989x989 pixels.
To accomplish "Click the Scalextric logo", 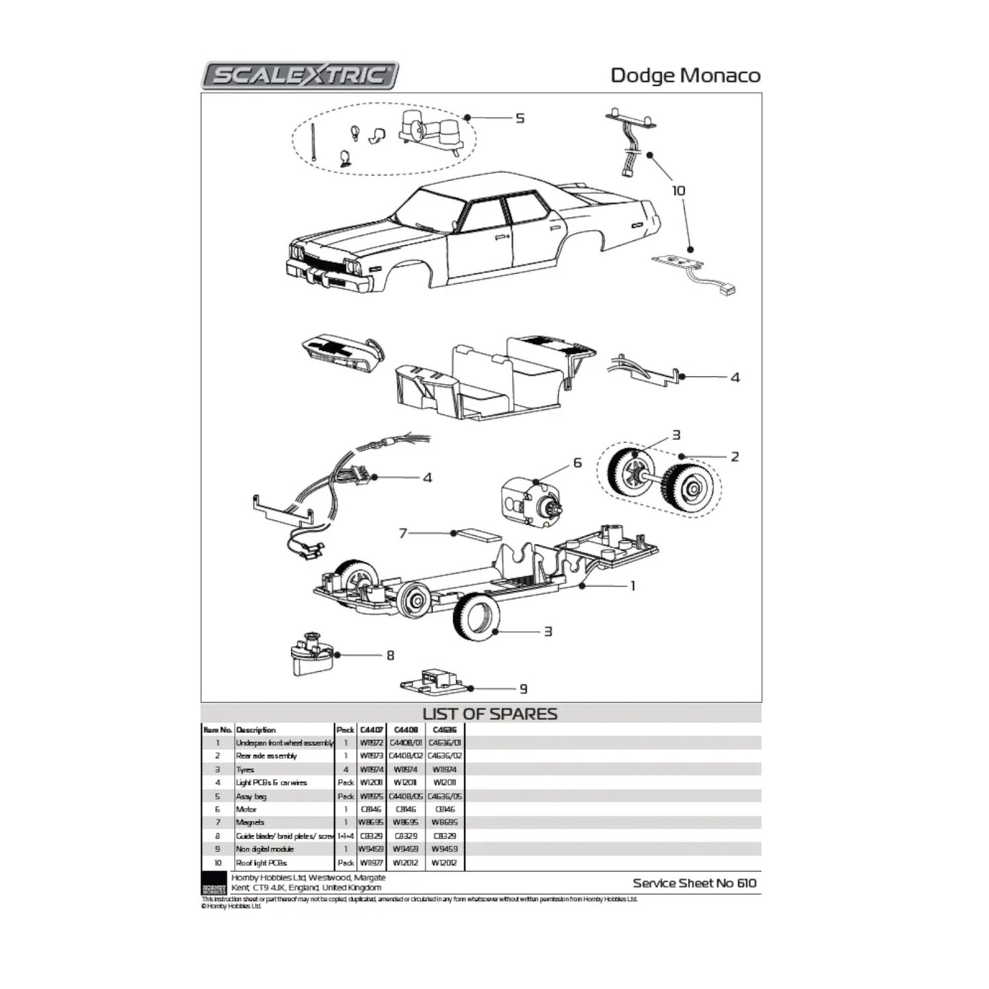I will [x=300, y=75].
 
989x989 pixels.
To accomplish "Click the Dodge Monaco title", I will [x=685, y=75].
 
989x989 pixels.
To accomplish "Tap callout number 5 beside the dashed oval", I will [x=520, y=118].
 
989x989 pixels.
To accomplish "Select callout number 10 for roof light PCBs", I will [x=678, y=190].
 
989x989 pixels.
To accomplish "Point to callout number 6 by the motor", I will [x=577, y=463].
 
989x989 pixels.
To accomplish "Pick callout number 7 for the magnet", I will [x=403, y=532].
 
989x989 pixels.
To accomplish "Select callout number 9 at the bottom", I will [x=524, y=689].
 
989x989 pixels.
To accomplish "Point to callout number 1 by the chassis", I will [x=632, y=586].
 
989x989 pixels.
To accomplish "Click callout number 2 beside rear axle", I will [x=735, y=457].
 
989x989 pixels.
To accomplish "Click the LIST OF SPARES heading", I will [x=489, y=714].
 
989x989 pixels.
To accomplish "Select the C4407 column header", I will [x=371, y=730].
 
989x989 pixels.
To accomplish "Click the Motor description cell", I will [x=246, y=809].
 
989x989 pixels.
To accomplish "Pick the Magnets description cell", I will [x=250, y=822].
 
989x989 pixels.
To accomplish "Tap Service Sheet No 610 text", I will [x=695, y=883].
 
